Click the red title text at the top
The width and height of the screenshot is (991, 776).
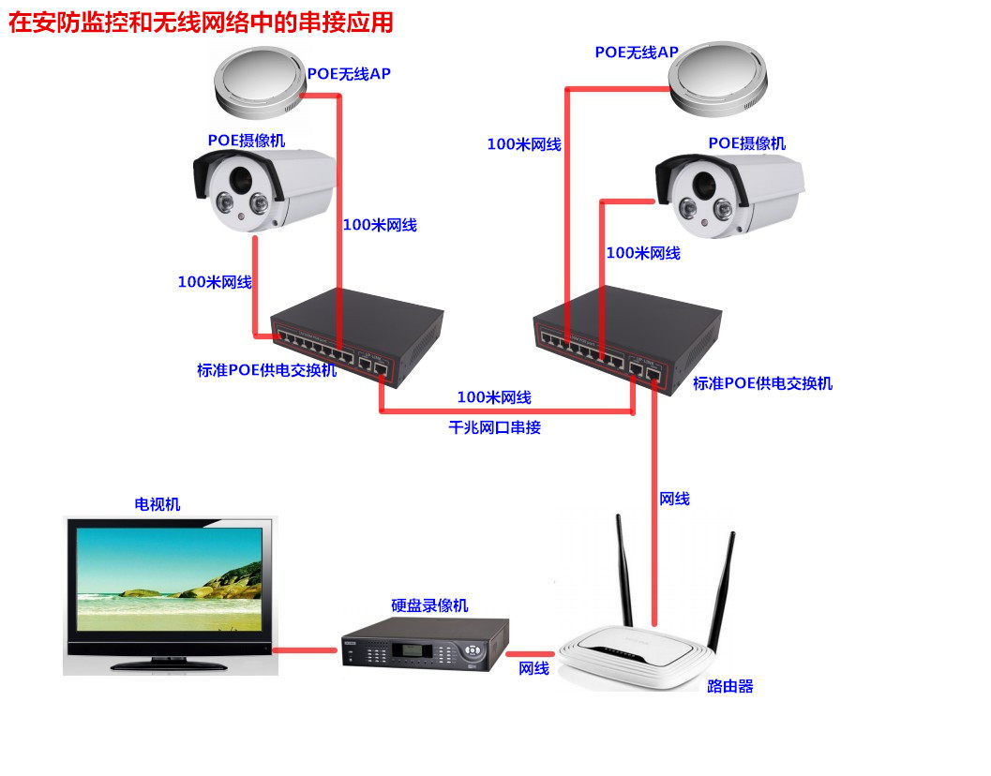(201, 22)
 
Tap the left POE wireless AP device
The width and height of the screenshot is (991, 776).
(260, 82)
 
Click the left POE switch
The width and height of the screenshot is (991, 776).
(357, 336)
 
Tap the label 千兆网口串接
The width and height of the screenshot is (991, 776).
(494, 427)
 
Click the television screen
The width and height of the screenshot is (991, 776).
(169, 578)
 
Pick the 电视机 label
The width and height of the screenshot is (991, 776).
(158, 504)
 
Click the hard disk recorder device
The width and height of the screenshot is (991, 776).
(424, 644)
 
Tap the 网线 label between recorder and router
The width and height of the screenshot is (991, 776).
(533, 668)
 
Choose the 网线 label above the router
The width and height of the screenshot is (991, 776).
(674, 499)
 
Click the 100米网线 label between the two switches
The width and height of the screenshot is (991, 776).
(494, 397)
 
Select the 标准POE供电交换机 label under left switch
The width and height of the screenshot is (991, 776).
(266, 370)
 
